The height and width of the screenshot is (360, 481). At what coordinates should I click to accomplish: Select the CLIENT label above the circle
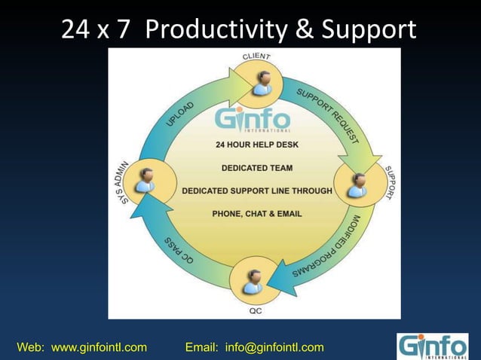click(257, 57)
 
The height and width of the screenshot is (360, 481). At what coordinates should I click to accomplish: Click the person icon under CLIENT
click(262, 81)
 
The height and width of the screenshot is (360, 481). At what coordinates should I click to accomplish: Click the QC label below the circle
click(256, 310)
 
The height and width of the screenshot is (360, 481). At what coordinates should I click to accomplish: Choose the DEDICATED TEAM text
click(256, 167)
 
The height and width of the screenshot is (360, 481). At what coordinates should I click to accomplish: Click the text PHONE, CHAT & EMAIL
click(256, 214)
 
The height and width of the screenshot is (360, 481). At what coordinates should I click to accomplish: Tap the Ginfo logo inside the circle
click(252, 120)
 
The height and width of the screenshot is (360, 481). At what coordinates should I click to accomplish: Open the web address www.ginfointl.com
click(99, 347)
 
